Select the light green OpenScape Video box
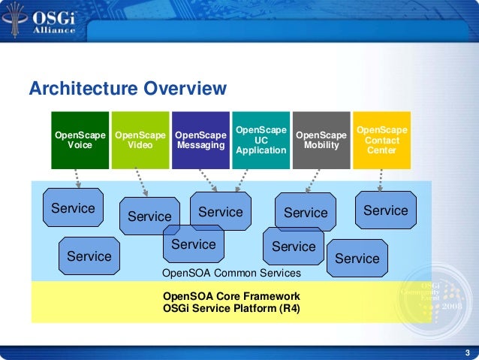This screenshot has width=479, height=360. (x=140, y=140)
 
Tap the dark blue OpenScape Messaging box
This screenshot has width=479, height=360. (x=200, y=140)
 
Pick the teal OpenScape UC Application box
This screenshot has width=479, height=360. (x=261, y=140)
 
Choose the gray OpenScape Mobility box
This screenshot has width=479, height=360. (x=321, y=140)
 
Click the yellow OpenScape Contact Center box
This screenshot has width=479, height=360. (x=382, y=140)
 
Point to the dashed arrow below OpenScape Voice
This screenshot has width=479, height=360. (x=77, y=179)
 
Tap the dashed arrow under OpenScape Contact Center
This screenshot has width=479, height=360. (x=381, y=179)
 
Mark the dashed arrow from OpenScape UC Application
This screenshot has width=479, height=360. (x=241, y=180)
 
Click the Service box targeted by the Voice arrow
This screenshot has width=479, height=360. (x=73, y=208)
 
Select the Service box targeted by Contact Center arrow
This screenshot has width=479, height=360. (x=385, y=210)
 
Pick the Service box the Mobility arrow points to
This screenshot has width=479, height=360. (x=306, y=213)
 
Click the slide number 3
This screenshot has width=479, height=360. (x=467, y=353)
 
